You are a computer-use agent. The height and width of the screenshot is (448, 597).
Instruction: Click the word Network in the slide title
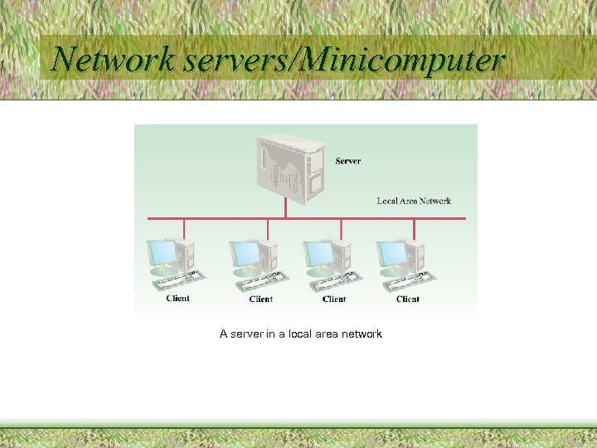pos(113,60)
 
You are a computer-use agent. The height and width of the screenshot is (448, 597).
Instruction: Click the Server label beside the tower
pos(348,161)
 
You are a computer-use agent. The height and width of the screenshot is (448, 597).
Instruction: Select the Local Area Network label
pos(414,201)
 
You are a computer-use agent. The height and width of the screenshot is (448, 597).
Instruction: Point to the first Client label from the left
pos(177,299)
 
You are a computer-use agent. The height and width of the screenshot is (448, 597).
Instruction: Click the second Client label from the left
pos(260,299)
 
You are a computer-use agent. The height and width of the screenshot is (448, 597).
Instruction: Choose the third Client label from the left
pos(334,299)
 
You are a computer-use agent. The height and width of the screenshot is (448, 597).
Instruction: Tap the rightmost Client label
pos(408,299)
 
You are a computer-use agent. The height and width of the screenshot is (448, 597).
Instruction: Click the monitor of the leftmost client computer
pos(162,254)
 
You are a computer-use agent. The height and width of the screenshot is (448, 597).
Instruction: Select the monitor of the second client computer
pos(245,254)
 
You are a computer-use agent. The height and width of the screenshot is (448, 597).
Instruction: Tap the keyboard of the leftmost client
pos(177,280)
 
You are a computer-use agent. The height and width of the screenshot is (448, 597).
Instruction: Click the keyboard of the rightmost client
pos(406,280)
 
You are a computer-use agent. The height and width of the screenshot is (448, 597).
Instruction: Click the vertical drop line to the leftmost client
pos(183,228)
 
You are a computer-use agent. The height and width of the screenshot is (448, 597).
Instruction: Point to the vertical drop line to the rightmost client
pos(414,228)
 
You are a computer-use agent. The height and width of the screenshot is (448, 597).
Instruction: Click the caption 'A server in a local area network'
pos(300,334)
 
